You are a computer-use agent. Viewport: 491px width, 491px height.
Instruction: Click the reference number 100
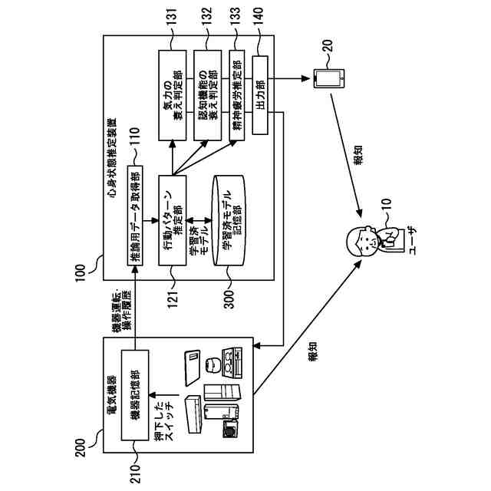(81, 273)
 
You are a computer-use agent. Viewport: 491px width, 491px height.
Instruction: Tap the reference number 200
(81, 448)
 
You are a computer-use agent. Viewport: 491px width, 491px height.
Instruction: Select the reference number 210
(135, 473)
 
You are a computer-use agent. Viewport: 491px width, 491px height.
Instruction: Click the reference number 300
(229, 300)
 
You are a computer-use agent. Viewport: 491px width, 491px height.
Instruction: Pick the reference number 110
(135, 137)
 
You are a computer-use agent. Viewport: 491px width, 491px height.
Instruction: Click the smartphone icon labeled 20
(329, 78)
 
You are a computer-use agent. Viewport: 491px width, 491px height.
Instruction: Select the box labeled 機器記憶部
(135, 395)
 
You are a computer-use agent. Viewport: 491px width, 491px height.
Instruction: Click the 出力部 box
(260, 95)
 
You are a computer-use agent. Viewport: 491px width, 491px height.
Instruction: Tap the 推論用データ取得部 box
(135, 216)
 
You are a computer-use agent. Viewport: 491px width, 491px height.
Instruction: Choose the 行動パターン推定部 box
(172, 220)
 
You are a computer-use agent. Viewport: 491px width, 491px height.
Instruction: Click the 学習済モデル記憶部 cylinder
(229, 220)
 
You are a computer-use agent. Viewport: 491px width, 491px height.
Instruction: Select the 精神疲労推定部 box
(237, 95)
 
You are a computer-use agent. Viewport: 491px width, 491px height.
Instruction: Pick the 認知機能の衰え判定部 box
(208, 95)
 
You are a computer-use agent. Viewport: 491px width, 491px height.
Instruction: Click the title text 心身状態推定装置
(112, 157)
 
